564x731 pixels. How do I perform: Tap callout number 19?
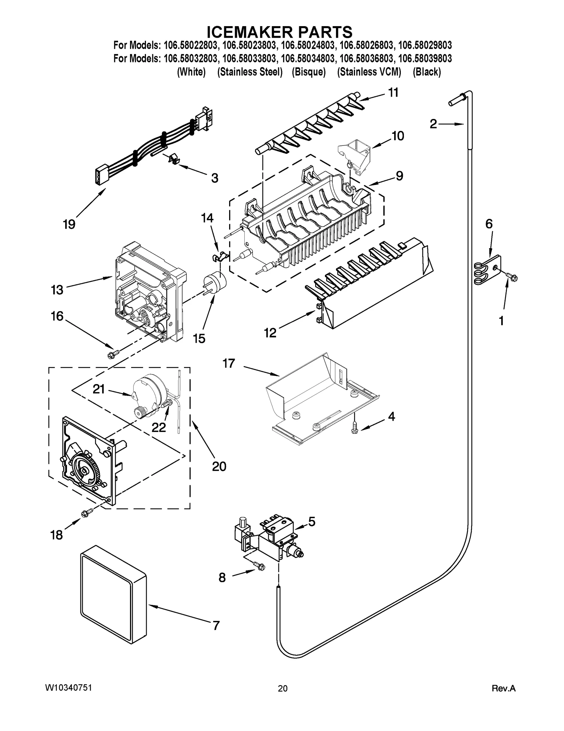click(x=69, y=224)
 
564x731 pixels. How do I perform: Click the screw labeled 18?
click(x=87, y=513)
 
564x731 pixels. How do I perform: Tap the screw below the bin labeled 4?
click(x=355, y=429)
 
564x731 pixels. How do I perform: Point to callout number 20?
click(x=219, y=466)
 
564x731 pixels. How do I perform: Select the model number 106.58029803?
click(x=425, y=46)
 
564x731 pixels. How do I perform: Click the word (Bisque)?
click(x=309, y=72)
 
